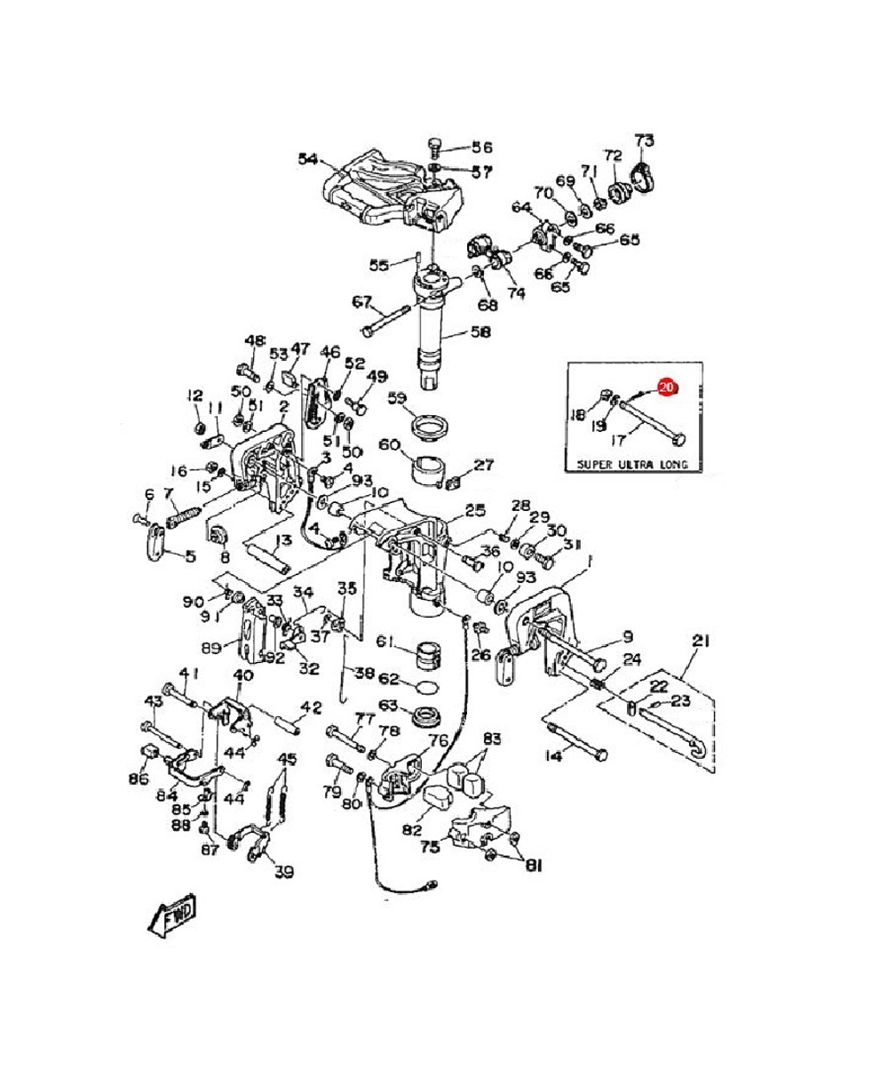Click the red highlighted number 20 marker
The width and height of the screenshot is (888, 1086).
coord(667,387)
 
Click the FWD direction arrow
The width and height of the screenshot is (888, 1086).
coord(171,914)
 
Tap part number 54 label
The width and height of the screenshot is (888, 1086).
coord(308,159)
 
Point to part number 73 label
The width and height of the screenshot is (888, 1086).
coord(644,140)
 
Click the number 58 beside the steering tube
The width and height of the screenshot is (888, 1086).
coord(480,332)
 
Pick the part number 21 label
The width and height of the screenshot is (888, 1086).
coord(702,641)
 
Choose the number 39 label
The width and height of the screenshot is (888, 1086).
coord(283,872)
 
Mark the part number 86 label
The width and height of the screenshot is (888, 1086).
coord(139,779)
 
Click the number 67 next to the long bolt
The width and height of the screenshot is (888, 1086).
coord(361,301)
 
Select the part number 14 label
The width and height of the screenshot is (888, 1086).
coord(553,756)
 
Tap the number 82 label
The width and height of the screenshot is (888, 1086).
coord(411,830)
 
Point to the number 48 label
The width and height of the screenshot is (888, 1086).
coord(256,340)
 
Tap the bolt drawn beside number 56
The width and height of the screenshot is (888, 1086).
coord(435,145)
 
